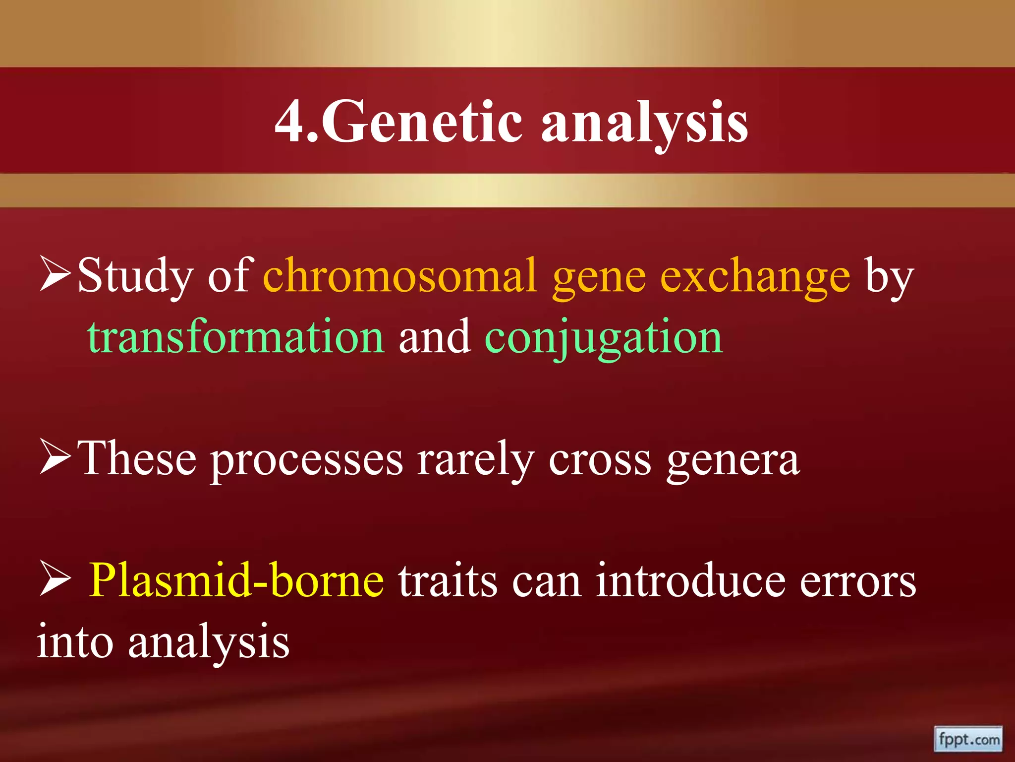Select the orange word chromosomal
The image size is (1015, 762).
tap(400, 276)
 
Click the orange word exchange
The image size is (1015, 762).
tap(755, 277)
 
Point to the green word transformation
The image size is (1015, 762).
tap(236, 337)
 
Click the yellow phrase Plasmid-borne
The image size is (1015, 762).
tap(236, 580)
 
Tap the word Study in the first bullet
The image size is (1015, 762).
tap(135, 277)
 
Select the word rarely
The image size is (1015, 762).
tap(475, 459)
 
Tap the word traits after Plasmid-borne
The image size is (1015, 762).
tap(448, 580)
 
